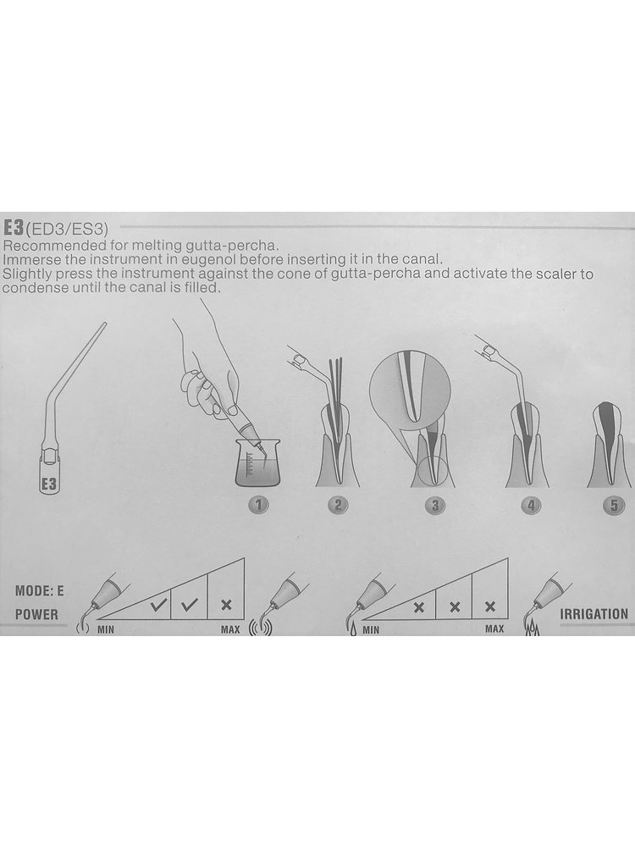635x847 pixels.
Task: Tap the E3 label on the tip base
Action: coord(49,484)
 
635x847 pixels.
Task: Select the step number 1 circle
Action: coord(258,506)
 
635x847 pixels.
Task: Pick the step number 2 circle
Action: coord(338,506)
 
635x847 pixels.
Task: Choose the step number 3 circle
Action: coord(435,506)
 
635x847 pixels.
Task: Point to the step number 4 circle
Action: coord(532,506)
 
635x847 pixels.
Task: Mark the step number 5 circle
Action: coord(613,506)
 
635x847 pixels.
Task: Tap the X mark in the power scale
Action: coord(227,605)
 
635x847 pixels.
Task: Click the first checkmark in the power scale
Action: coord(158,605)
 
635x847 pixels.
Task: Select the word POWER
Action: coord(36,615)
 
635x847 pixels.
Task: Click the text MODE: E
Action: coord(39,591)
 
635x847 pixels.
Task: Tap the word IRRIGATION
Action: coord(594,614)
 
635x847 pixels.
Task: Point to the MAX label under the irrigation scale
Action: coord(494,628)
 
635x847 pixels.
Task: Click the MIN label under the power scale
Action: coord(105,629)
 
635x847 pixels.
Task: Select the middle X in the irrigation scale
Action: coord(455,607)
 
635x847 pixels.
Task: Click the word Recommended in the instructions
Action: coord(44,246)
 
